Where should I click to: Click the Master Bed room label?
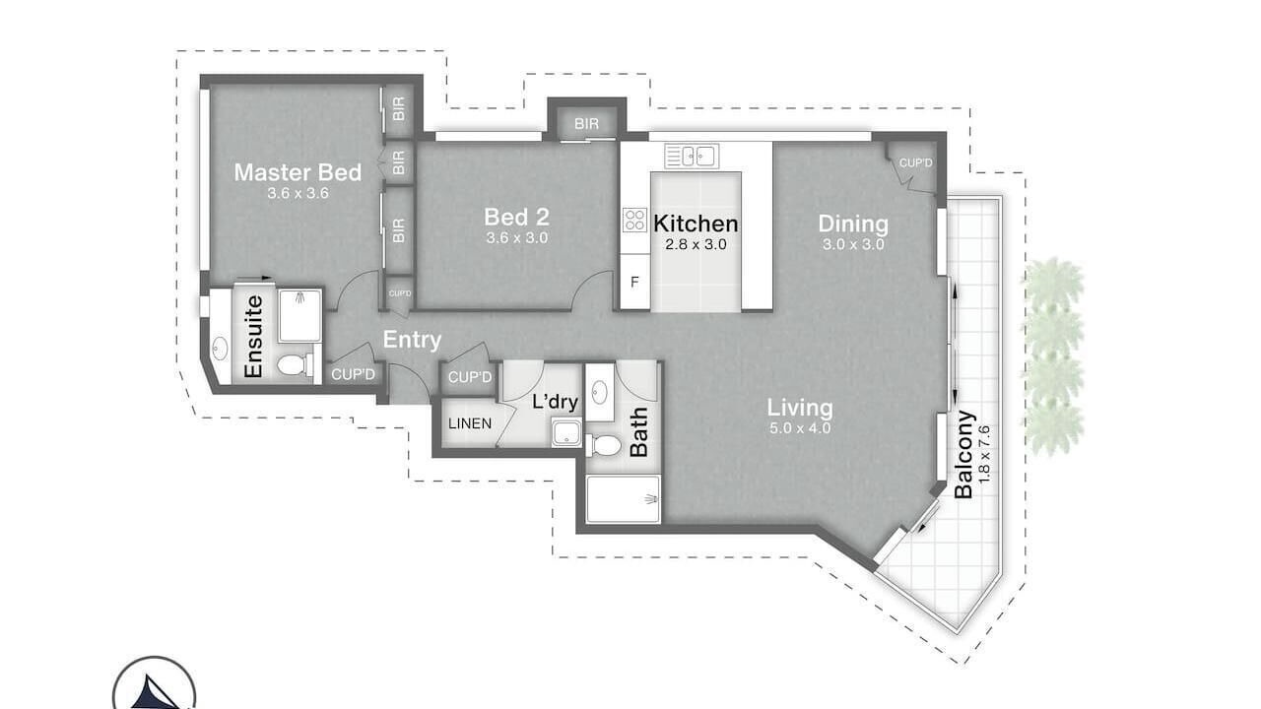(298, 172)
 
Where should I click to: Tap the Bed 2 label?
(517, 217)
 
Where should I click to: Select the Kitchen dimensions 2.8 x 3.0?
(696, 245)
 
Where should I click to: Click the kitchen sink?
(692, 156)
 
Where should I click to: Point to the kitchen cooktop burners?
(635, 220)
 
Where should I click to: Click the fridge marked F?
(635, 282)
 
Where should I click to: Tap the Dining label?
(853, 224)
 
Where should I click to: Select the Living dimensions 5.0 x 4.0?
(800, 428)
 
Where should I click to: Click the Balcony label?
(964, 455)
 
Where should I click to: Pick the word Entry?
(412, 340)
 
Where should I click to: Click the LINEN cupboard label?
(470, 423)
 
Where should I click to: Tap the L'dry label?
(555, 402)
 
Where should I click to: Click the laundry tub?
(566, 432)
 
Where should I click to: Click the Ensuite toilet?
(295, 364)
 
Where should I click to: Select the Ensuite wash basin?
(219, 349)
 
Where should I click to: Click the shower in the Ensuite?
(300, 316)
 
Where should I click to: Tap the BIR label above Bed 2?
(586, 124)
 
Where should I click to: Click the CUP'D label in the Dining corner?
(915, 163)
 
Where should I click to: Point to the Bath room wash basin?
(600, 392)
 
